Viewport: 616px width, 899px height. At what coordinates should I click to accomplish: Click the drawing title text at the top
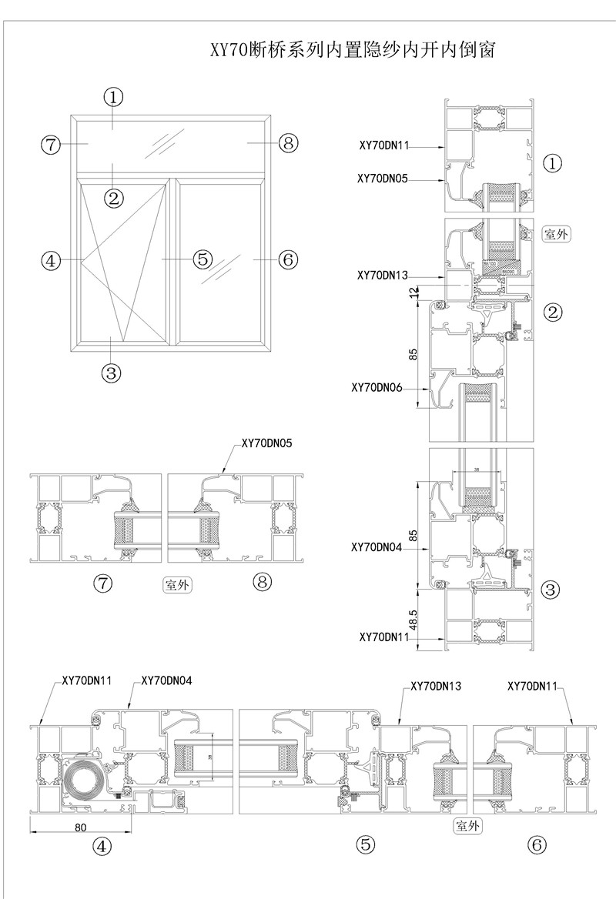pos(351,52)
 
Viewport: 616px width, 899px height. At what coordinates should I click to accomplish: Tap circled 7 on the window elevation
pos(52,144)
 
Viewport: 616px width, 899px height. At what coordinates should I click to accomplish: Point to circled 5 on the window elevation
pos(203,259)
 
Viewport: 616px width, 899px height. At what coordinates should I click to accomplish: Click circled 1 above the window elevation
pos(114,98)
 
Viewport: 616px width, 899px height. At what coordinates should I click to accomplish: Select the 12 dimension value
pos(415,292)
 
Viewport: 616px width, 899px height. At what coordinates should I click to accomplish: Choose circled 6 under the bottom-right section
pos(537,844)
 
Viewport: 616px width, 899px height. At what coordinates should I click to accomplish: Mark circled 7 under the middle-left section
pos(102,583)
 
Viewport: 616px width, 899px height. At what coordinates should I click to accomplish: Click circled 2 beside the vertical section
pos(553,312)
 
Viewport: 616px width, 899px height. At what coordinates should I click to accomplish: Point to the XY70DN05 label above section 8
pos(267,443)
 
